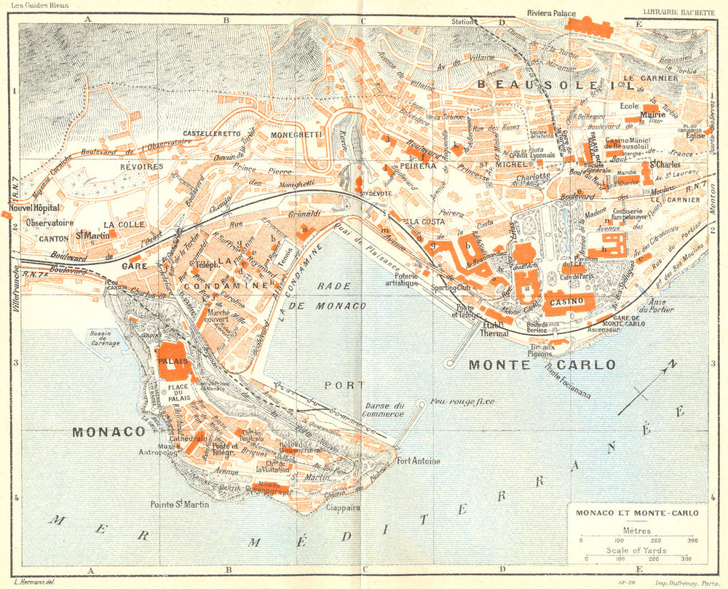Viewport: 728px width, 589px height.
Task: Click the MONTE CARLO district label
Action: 542,364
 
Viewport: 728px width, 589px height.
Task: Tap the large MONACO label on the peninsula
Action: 108,432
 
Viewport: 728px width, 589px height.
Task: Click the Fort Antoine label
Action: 418,460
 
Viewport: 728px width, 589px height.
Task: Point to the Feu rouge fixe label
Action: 462,401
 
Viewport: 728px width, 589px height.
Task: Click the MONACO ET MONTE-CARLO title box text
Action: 637,513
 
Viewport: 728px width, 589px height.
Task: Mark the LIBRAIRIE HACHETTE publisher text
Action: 679,10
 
